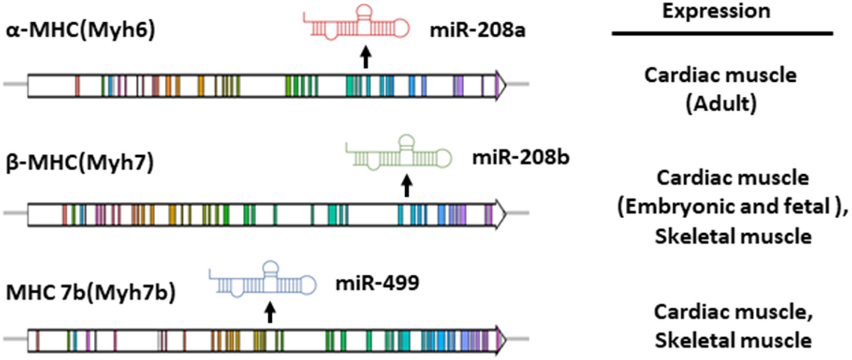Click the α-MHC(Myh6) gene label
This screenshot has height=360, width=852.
(x=81, y=28)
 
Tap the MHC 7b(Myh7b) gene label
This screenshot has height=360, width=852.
(x=90, y=295)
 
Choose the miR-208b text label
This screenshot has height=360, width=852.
(x=521, y=159)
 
